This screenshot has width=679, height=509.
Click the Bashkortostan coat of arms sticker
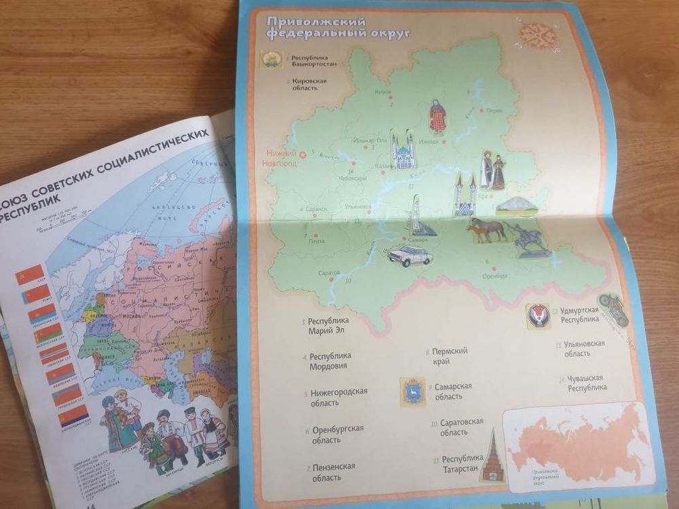pyautogui.click(x=270, y=62)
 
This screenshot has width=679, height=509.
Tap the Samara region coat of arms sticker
pyautogui.click(x=412, y=392)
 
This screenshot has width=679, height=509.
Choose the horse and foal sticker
pyautogui.click(x=486, y=230)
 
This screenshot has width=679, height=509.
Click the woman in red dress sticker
pyautogui.click(x=437, y=117)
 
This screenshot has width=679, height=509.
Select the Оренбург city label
pyautogui.click(x=495, y=276)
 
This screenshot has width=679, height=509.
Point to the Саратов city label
pyautogui.click(x=329, y=273)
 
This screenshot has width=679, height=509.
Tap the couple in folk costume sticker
pyautogui.click(x=493, y=170)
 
